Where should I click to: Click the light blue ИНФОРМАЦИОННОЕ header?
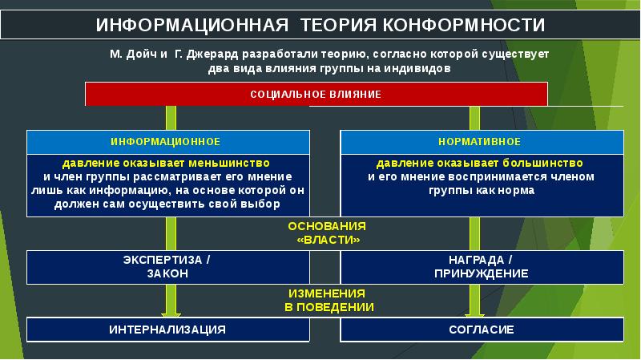165,141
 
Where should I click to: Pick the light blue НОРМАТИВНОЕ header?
482,141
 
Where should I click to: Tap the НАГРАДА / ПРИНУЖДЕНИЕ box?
482,267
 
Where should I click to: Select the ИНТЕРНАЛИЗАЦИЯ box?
167,330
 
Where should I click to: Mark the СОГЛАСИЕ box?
482,330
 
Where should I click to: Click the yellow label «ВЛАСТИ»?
329,240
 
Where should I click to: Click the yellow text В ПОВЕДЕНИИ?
329,307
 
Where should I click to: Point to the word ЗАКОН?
167,273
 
